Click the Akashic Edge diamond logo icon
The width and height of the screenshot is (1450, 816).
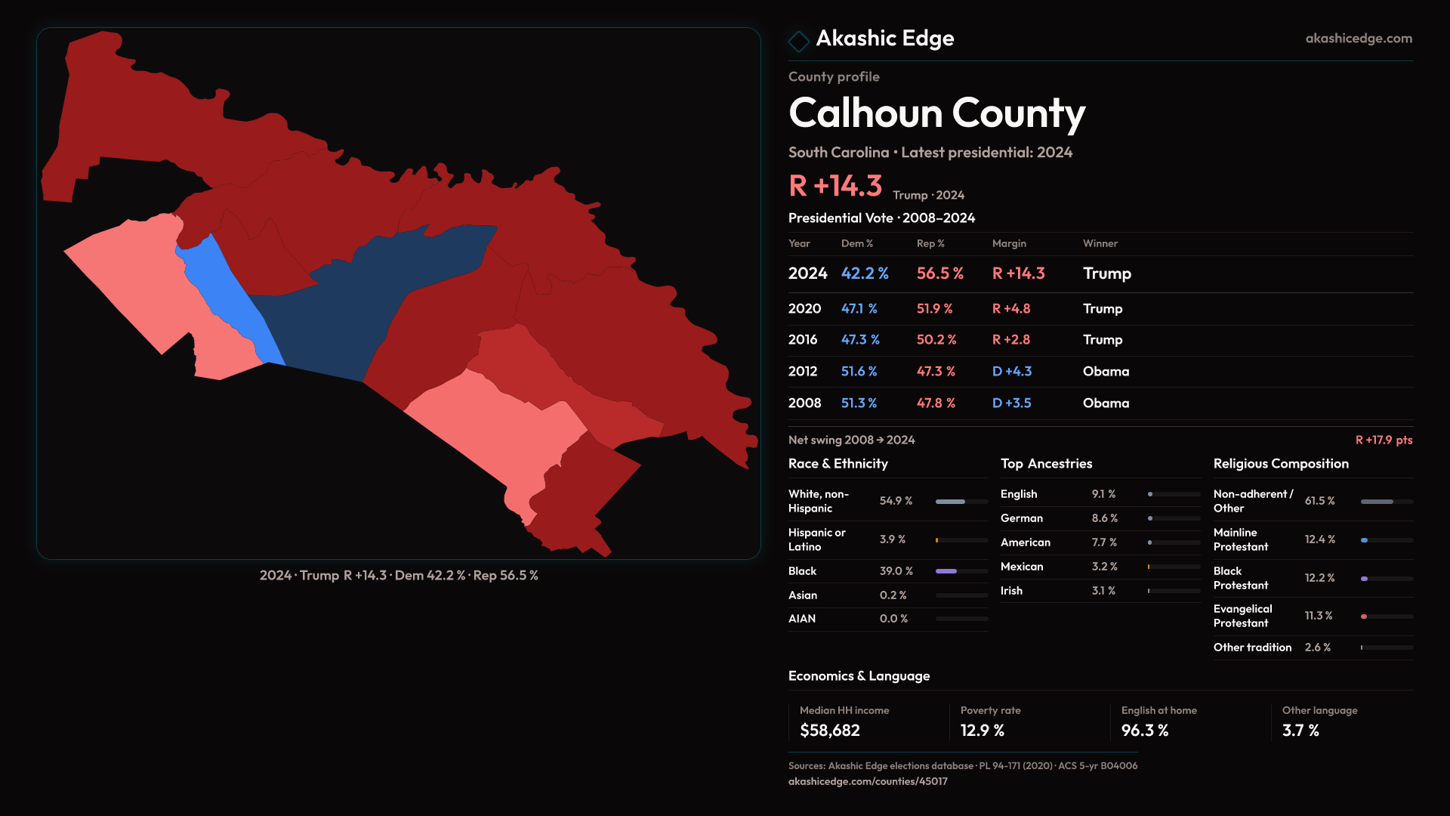[x=798, y=41]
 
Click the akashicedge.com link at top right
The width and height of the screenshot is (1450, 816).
[x=1359, y=39]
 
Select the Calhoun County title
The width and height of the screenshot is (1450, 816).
[x=936, y=113]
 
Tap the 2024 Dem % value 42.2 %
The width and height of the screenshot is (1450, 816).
[x=865, y=274]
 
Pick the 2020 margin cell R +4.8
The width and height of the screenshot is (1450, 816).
[x=1011, y=309]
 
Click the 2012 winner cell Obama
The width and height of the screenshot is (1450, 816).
[x=1106, y=372]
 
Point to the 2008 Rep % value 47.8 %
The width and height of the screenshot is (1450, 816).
[x=936, y=403]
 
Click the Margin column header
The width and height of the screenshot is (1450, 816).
[x=1009, y=243]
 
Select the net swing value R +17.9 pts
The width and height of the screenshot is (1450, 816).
[x=1384, y=440]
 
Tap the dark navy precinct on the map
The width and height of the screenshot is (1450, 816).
[x=362, y=302]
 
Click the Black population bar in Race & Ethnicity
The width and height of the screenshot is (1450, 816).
[x=946, y=571]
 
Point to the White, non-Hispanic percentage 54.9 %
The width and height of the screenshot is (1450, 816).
[x=896, y=501]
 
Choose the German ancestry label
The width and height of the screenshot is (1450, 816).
[x=1022, y=518]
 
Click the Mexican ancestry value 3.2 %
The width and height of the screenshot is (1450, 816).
[x=1104, y=567]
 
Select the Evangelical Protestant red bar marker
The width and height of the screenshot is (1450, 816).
[x=1364, y=617]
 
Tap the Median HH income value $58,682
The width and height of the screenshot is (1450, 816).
[x=829, y=731]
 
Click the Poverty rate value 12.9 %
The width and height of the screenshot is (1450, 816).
[x=982, y=731]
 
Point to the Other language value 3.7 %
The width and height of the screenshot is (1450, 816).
[x=1300, y=731]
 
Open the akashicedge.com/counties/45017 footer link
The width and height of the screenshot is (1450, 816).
[x=868, y=781]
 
